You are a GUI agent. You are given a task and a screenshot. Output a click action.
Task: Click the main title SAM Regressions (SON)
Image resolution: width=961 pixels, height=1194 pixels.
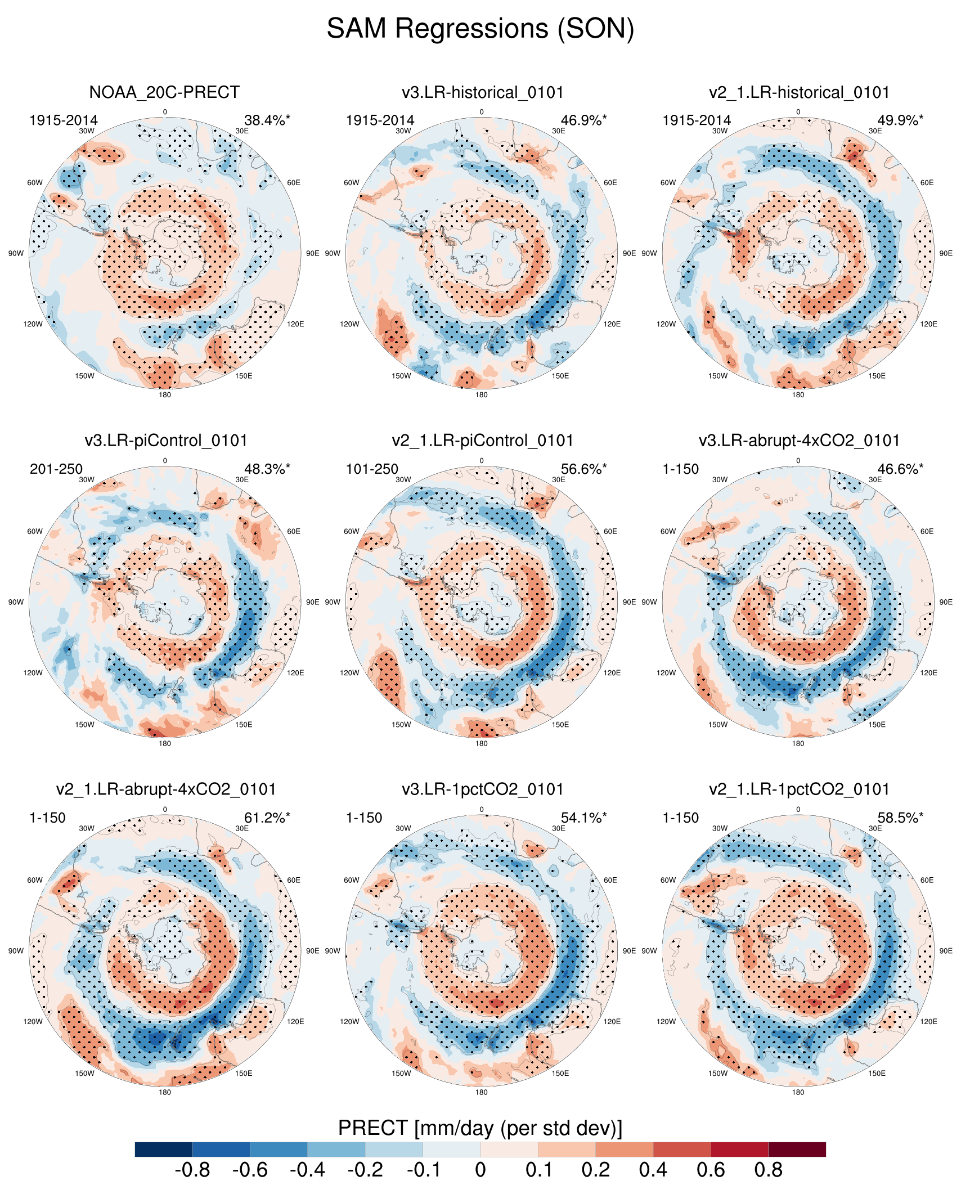[480, 28]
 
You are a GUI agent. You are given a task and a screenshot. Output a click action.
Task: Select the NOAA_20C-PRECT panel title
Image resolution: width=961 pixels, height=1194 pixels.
[164, 92]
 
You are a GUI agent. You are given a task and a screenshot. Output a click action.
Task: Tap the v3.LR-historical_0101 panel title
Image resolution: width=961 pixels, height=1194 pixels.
[482, 92]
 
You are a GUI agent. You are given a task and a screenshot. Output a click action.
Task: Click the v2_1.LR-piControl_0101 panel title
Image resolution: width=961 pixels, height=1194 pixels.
[482, 441]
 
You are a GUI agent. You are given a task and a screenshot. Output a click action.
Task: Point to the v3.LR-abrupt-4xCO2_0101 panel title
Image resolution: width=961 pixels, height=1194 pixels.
[799, 441]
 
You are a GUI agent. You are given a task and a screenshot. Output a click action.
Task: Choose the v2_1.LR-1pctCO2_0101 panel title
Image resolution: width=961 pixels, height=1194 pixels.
[799, 789]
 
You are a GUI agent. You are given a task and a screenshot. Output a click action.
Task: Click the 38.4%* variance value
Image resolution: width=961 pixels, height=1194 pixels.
[267, 120]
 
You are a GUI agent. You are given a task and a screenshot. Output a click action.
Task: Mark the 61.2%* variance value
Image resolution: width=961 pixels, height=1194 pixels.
[267, 818]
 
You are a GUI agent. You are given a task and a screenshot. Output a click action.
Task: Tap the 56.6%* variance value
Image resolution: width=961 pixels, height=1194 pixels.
[583, 469]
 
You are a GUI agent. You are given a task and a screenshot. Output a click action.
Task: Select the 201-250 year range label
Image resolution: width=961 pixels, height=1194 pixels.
[56, 469]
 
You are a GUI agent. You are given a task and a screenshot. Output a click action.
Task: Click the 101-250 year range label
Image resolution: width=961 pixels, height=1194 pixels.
[372, 469]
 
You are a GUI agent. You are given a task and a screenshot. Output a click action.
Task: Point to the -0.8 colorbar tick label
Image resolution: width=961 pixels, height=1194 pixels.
[192, 1170]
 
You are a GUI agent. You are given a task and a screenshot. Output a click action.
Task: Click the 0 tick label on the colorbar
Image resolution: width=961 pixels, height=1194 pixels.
[480, 1170]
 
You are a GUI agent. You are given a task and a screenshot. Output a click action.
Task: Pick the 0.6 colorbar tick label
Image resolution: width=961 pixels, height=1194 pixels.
[711, 1170]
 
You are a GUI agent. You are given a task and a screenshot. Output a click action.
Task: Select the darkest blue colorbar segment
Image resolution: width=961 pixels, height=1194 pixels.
[164, 1149]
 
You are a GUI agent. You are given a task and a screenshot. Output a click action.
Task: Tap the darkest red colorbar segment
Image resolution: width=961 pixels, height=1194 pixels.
[797, 1149]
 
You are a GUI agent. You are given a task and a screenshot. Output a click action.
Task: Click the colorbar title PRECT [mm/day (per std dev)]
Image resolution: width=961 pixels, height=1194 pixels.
[480, 1128]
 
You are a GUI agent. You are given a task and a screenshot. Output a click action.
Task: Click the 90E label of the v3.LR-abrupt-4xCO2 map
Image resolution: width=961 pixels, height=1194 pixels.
[946, 602]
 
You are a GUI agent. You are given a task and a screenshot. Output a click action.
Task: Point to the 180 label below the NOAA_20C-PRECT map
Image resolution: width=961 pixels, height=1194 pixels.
[165, 395]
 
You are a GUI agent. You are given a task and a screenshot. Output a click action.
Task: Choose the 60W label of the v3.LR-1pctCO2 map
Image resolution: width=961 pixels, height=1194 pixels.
[351, 880]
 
